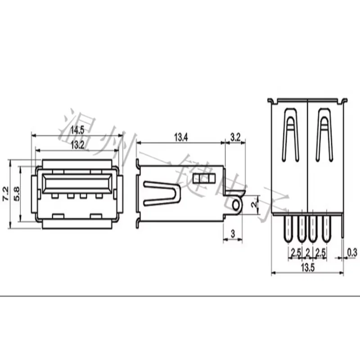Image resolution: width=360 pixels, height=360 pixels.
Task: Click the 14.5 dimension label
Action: (77, 130)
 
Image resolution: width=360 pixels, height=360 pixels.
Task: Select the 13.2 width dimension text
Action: (77, 145)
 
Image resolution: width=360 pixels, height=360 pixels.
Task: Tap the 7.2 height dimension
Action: (5, 194)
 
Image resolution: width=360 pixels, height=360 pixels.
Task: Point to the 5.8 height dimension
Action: (17, 194)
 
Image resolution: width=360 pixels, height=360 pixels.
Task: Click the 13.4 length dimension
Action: (181, 138)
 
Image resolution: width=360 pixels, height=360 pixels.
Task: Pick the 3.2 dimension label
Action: (235, 138)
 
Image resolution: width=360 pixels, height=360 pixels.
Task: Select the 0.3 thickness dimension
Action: (352, 252)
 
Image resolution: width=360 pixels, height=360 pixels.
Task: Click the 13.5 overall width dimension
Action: (308, 268)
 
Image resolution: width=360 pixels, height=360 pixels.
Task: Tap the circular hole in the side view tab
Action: (236, 205)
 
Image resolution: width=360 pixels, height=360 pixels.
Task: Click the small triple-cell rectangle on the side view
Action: (204, 178)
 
